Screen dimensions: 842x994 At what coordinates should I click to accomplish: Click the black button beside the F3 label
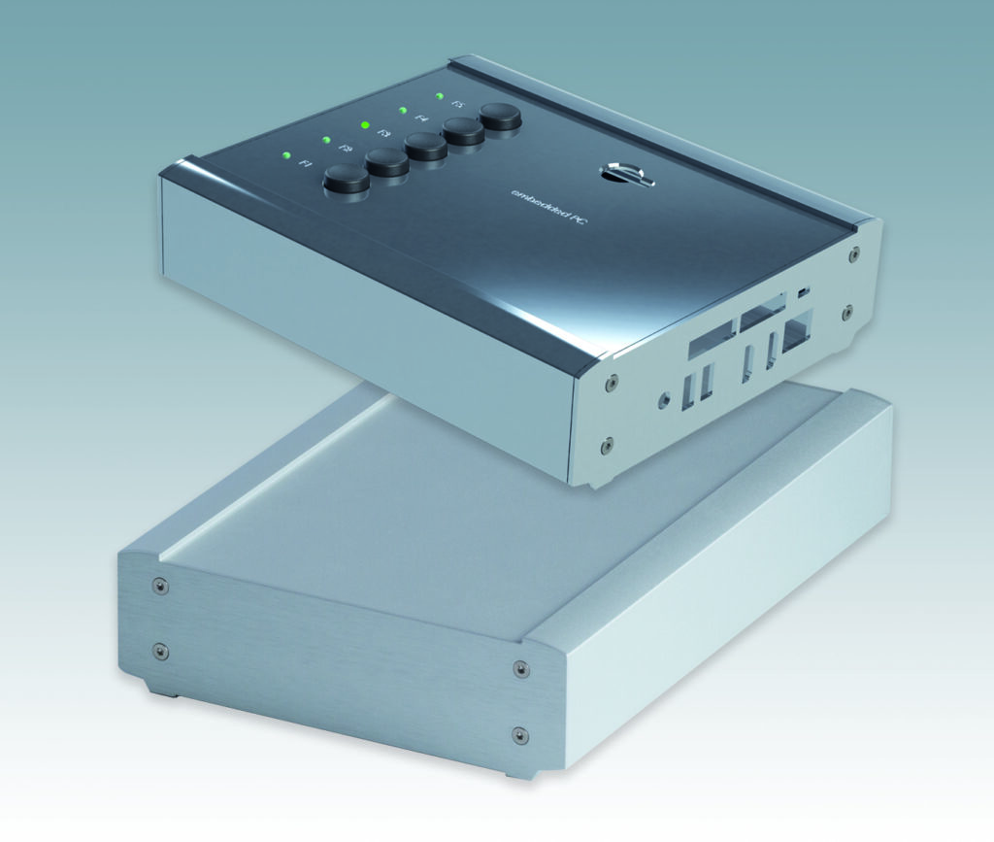coord(425,147)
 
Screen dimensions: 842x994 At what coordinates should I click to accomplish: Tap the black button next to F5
coord(501,116)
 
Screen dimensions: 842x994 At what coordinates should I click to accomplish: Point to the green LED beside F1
coord(286,154)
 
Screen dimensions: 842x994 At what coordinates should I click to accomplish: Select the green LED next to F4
coord(402,110)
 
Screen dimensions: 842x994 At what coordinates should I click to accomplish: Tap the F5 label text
coord(459,104)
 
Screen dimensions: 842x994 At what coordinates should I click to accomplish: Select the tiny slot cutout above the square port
coord(803,291)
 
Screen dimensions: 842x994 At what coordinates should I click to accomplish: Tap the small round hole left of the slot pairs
coord(663,398)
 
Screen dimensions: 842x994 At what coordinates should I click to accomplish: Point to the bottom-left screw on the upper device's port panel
coord(607,446)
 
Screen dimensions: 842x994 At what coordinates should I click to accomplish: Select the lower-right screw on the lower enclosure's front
coord(519,735)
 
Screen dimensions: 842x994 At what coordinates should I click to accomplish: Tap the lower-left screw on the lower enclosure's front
coord(161,651)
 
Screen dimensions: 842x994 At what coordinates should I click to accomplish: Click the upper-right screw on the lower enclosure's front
coord(520,669)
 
